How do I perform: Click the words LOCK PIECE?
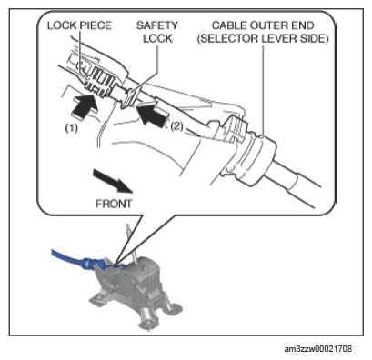point(79,25)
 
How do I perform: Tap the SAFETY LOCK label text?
point(157,32)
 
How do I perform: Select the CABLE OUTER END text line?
point(263,25)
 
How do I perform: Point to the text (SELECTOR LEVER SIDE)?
point(263,39)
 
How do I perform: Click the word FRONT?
point(114,204)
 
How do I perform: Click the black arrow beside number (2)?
point(151,114)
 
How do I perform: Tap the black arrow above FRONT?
point(113,181)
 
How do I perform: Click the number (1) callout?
point(72,127)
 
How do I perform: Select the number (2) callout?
point(177,126)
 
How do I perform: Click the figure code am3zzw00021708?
point(318,349)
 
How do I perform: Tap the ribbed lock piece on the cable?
point(97,81)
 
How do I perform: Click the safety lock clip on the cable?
point(130,97)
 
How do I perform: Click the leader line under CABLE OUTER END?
point(263,91)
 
